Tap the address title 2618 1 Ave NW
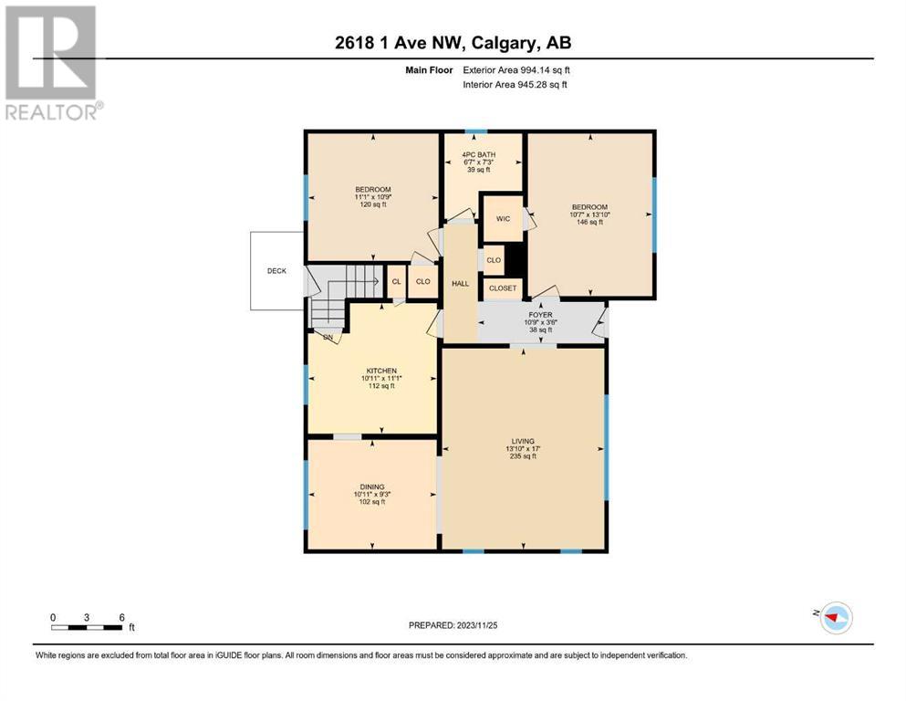click(401, 43)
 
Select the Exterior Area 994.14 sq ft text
click(516, 70)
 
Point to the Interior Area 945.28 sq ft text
click(515, 84)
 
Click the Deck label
click(276, 271)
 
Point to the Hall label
click(461, 284)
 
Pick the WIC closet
click(503, 218)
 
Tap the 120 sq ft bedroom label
click(373, 197)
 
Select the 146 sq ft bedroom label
click(590, 214)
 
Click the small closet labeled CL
click(396, 281)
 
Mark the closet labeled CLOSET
click(503, 288)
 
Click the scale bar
click(88, 628)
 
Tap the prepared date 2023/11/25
click(453, 625)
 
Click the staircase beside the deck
click(345, 295)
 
